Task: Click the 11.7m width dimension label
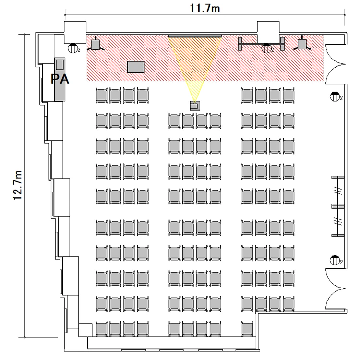[x=205, y=8]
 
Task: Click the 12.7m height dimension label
[x=18, y=185]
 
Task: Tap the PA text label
[x=60, y=79]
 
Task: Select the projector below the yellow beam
[x=195, y=106]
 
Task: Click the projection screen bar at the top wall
[x=195, y=36]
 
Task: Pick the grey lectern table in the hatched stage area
[x=136, y=67]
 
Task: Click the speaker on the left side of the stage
[x=96, y=45]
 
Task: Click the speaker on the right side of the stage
[x=302, y=44]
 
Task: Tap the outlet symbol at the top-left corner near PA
[x=73, y=48]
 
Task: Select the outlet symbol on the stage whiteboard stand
[x=266, y=48]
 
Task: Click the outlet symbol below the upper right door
[x=335, y=96]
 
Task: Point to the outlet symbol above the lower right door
[x=335, y=260]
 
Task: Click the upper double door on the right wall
[x=335, y=64]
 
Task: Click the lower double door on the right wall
[x=335, y=289]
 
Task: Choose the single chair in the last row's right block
[x=247, y=329]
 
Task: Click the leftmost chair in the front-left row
[x=101, y=96]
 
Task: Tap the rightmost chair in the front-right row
[x=288, y=96]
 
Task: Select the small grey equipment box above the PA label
[x=60, y=64]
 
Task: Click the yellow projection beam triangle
[x=195, y=62]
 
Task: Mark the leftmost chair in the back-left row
[x=101, y=329]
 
